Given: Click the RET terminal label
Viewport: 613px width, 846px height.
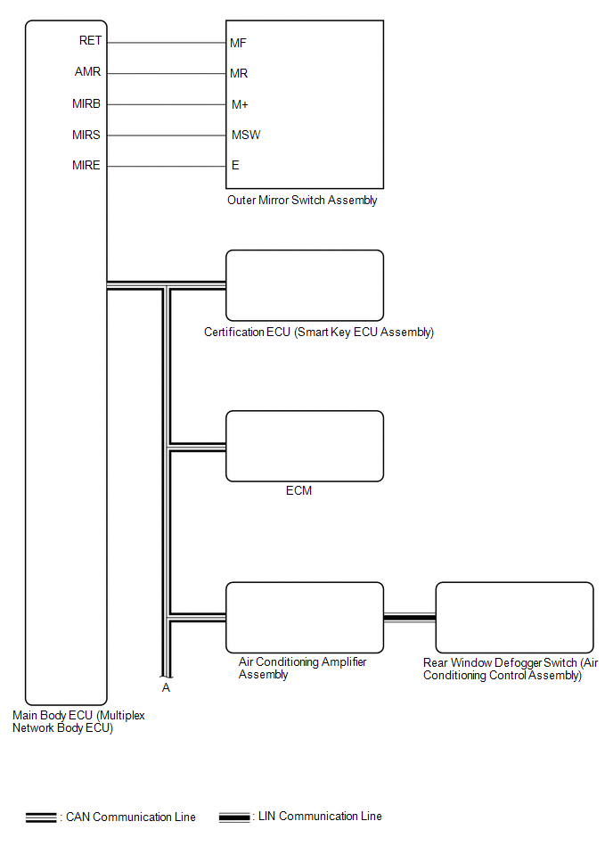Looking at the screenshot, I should pyautogui.click(x=90, y=40).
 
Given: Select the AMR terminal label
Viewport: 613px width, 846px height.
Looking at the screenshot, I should pyautogui.click(x=88, y=72).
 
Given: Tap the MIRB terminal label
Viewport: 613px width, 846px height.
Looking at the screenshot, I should pyautogui.click(x=86, y=103).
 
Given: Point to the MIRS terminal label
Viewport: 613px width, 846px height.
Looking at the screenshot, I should pyautogui.click(x=86, y=135).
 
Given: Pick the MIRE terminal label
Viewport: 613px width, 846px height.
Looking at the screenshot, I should pyautogui.click(x=86, y=165).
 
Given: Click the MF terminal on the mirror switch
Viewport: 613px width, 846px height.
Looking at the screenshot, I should pyautogui.click(x=238, y=42).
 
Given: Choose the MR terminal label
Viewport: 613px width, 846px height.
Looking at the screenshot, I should pyautogui.click(x=238, y=73).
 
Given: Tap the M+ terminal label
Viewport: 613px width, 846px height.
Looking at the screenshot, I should pyautogui.click(x=239, y=104).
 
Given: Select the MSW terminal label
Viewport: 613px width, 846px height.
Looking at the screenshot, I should pyautogui.click(x=245, y=136).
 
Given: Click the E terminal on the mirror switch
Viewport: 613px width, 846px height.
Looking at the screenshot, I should pyautogui.click(x=235, y=166).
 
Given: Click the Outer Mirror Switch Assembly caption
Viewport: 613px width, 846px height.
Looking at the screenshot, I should pyautogui.click(x=302, y=201).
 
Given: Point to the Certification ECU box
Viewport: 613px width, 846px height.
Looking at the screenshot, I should pyautogui.click(x=304, y=285).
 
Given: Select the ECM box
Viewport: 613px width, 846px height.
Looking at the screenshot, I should pyautogui.click(x=304, y=446).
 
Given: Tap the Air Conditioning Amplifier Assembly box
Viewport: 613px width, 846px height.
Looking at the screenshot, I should pyautogui.click(x=304, y=617).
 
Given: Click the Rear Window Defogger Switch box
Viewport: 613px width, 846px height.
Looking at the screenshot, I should pyautogui.click(x=514, y=617).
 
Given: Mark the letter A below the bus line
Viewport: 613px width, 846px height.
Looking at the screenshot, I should pyautogui.click(x=166, y=687).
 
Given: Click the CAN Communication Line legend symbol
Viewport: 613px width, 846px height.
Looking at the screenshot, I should pyautogui.click(x=42, y=817).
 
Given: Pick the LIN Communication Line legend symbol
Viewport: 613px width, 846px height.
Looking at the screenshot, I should pyautogui.click(x=234, y=817).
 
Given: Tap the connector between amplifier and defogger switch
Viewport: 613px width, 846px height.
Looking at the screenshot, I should pyautogui.click(x=409, y=617).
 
